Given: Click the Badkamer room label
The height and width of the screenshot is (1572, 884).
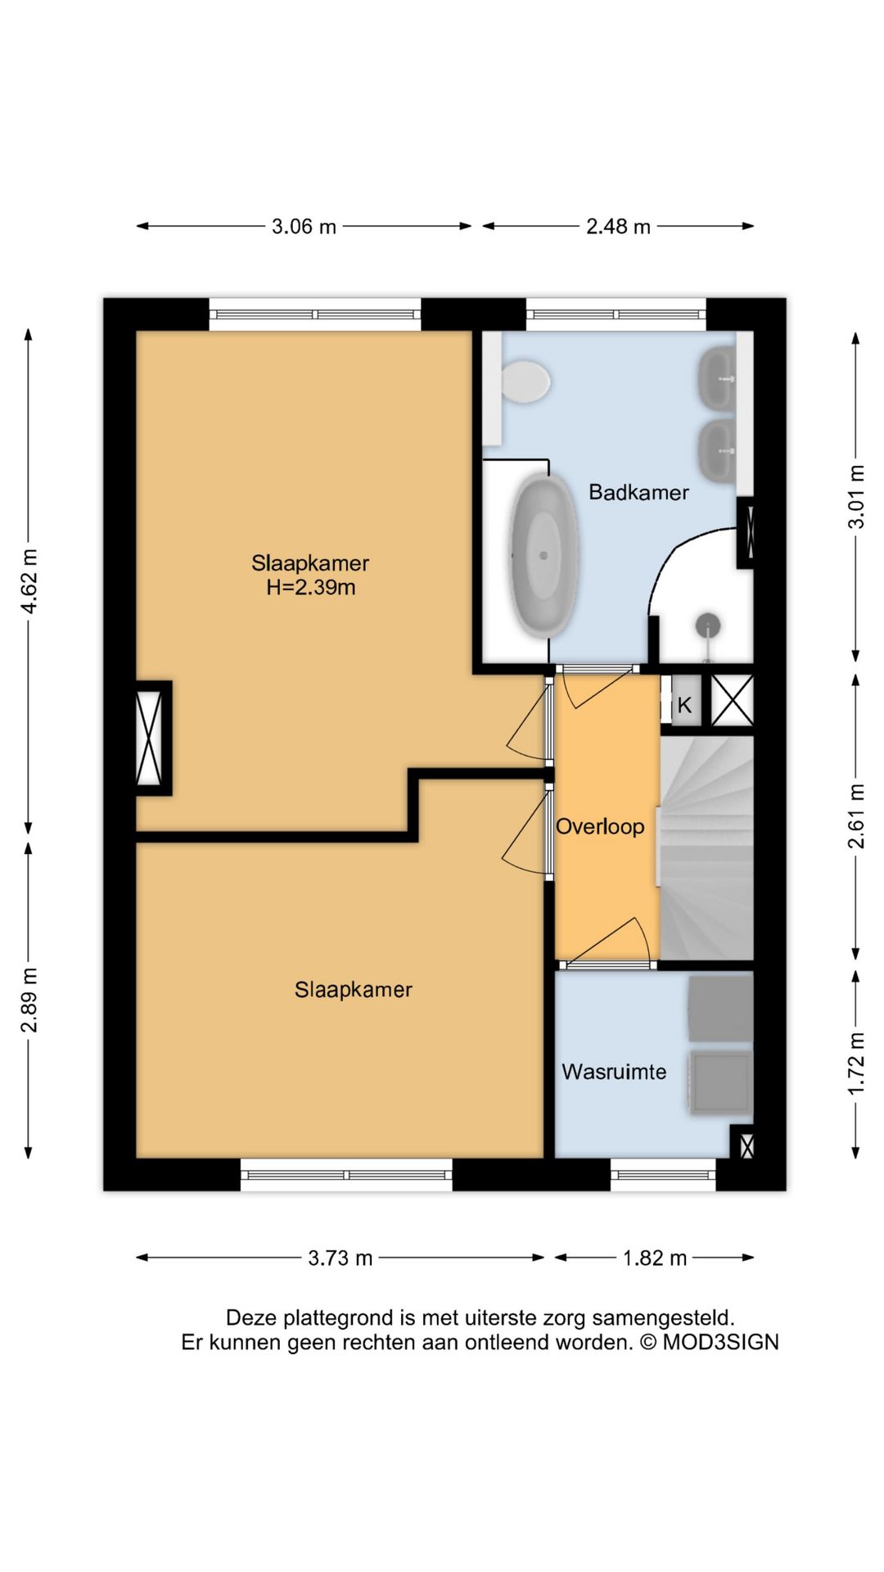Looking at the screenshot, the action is click(x=638, y=492).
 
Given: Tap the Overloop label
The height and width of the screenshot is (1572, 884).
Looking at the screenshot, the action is click(x=600, y=827).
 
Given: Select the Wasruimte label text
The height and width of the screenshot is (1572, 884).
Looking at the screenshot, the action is click(x=614, y=1072).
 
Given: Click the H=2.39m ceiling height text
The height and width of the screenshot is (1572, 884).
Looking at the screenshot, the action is click(x=311, y=587).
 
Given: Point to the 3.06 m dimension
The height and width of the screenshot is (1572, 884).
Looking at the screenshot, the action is click(x=304, y=227).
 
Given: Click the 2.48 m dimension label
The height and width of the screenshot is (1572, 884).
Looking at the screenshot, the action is click(x=618, y=227).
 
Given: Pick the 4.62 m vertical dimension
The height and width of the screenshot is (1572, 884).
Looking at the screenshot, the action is click(x=29, y=581).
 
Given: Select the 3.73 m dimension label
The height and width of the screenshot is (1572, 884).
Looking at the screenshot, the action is click(x=340, y=1258).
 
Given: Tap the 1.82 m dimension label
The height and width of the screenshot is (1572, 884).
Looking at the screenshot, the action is click(x=654, y=1258).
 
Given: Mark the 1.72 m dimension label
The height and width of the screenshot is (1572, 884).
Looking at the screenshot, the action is click(x=856, y=1064).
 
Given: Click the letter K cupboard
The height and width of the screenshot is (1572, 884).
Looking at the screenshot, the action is click(x=685, y=704).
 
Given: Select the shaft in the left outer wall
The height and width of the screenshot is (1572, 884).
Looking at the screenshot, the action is click(x=152, y=738).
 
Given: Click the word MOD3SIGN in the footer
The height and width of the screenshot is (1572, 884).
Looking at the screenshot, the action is click(x=720, y=1343).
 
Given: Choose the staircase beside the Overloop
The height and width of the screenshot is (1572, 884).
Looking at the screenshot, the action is click(x=706, y=848).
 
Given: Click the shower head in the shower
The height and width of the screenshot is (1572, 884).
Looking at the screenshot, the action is click(x=708, y=626).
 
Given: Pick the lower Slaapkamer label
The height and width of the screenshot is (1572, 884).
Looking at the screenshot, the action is click(x=353, y=990).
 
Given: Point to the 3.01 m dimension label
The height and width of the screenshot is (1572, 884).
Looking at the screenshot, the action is click(x=856, y=497).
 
